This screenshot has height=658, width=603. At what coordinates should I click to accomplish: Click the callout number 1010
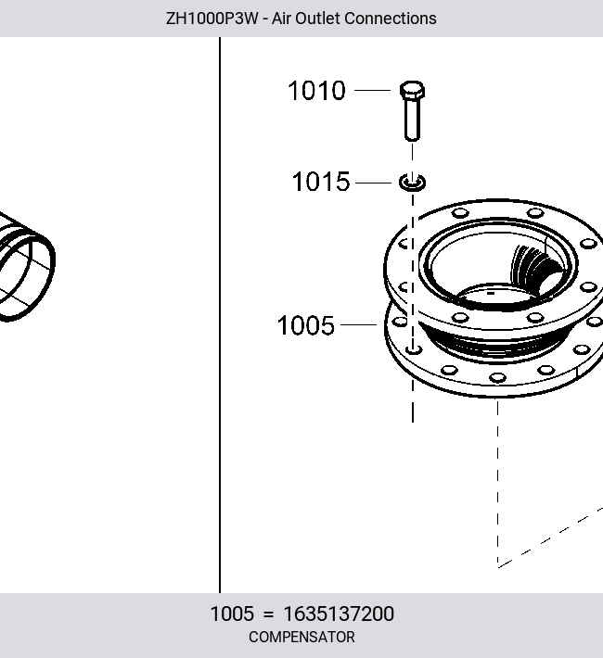[316, 90]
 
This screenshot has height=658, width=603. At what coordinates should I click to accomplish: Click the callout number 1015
[321, 182]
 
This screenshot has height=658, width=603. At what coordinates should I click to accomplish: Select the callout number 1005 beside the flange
[305, 325]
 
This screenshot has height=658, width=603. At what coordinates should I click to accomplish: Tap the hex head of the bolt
[412, 90]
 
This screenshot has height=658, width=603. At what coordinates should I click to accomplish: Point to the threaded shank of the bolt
[412, 120]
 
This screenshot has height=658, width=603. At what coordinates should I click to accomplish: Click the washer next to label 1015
[412, 183]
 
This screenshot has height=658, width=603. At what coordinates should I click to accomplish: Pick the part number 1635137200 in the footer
[339, 614]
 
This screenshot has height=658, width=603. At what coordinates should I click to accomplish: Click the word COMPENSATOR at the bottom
[301, 637]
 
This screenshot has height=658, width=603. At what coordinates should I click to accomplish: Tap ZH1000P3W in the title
[212, 19]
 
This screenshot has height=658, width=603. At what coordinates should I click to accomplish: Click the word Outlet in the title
[306, 19]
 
